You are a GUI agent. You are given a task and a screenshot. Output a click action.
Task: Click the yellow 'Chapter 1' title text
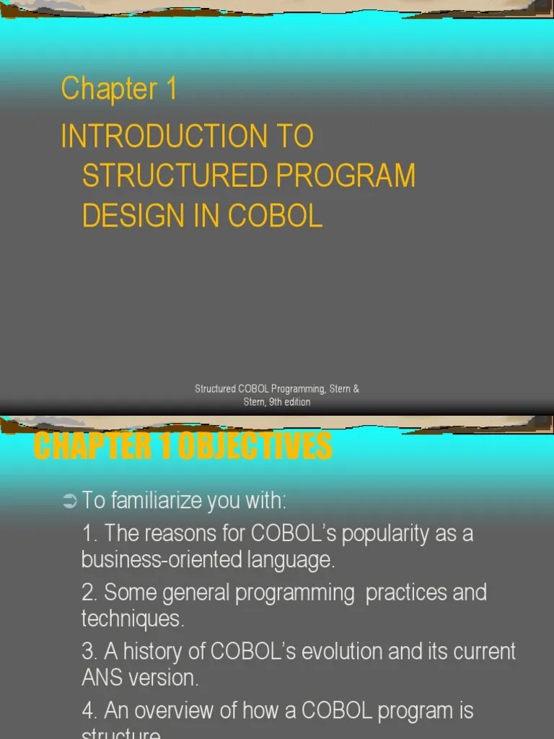click(119, 89)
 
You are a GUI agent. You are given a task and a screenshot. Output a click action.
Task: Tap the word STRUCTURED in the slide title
click(161, 176)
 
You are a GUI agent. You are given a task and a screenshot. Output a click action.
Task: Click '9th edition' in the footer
click(289, 402)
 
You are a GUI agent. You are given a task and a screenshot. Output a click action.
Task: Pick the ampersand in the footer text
click(356, 389)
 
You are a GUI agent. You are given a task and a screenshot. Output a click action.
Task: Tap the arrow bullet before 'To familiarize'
click(69, 500)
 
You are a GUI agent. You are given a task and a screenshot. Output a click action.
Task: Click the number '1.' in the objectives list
click(90, 534)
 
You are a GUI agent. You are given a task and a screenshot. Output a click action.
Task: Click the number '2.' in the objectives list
click(90, 593)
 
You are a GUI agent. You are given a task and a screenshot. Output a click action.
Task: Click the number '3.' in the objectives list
click(90, 652)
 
